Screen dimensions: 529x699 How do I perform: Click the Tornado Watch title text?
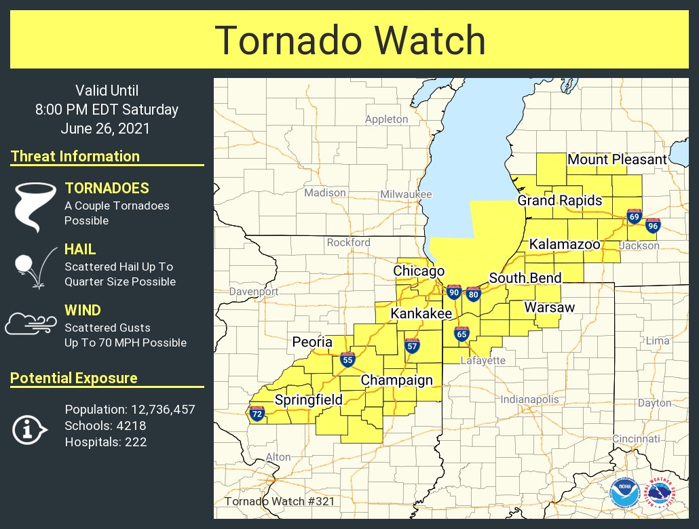(350, 41)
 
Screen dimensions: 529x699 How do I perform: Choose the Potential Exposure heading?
(74, 378)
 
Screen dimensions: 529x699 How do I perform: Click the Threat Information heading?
(75, 157)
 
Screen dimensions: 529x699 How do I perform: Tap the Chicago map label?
(419, 271)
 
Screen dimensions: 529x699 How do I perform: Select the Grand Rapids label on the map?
(560, 201)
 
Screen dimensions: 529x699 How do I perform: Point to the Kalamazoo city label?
(565, 244)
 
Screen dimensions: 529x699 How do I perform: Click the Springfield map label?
(308, 400)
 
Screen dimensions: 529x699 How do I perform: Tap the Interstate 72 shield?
(257, 414)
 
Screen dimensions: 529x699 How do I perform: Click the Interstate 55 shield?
(347, 360)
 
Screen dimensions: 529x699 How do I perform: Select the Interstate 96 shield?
(652, 226)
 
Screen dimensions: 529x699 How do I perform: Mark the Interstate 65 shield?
(461, 334)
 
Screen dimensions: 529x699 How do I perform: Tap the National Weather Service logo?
(659, 493)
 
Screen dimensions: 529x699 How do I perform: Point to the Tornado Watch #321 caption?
(279, 502)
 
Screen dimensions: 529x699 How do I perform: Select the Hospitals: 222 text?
(106, 442)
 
